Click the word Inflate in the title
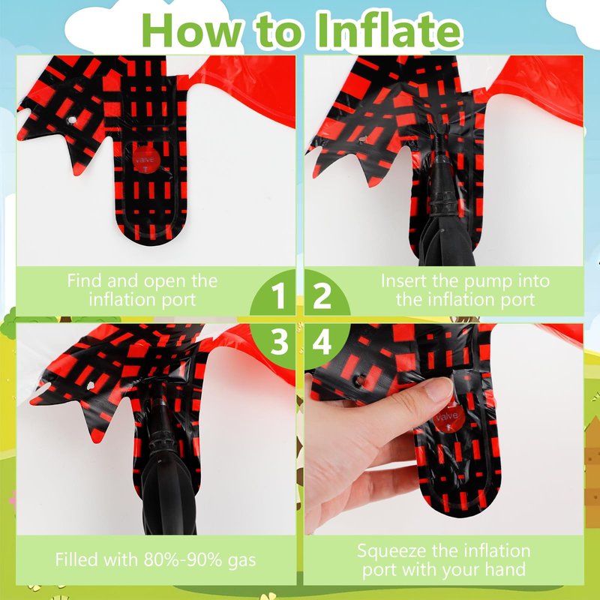point(389,31)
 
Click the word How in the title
point(192,31)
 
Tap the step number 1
point(278,295)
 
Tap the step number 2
point(322,295)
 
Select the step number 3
point(279,342)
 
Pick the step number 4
point(322,342)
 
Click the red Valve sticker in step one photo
point(146,159)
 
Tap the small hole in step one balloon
point(71,121)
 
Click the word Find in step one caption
point(85,280)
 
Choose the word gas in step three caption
point(241,561)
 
